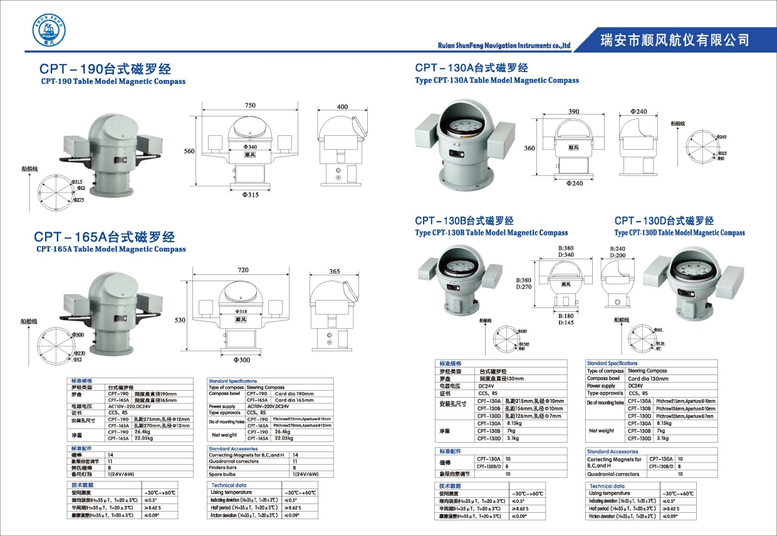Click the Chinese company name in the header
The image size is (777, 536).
click(x=674, y=40)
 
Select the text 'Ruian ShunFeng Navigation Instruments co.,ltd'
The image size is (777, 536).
click(x=504, y=46)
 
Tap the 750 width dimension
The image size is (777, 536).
click(x=250, y=106)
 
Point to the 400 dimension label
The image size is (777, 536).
click(x=342, y=107)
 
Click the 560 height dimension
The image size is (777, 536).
click(x=189, y=151)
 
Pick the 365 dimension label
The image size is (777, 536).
click(x=334, y=271)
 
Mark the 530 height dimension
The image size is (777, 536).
click(x=180, y=320)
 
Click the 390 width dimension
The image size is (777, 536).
click(x=573, y=111)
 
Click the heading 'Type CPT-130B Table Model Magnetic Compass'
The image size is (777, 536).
click(x=491, y=233)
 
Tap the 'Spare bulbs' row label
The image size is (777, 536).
click(x=224, y=474)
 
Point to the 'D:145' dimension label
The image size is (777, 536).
click(x=566, y=322)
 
